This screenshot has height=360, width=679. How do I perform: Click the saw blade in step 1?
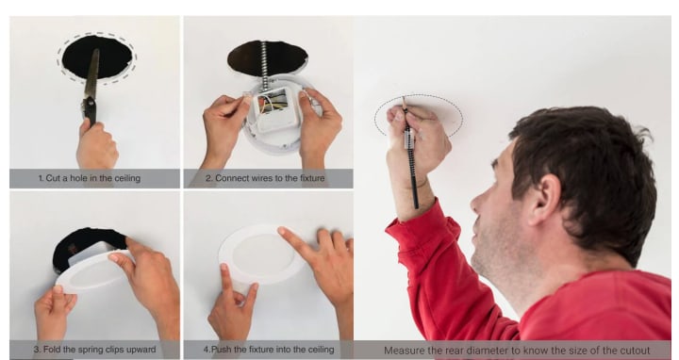click(92, 74)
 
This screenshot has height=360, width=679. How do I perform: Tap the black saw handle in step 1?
click(91, 110)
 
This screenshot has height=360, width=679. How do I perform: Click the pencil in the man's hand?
click(410, 153)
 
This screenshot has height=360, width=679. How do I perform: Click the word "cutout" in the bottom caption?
click(635, 351)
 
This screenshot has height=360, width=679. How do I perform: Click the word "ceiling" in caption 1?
click(127, 178)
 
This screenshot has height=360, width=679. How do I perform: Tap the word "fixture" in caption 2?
click(312, 178)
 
